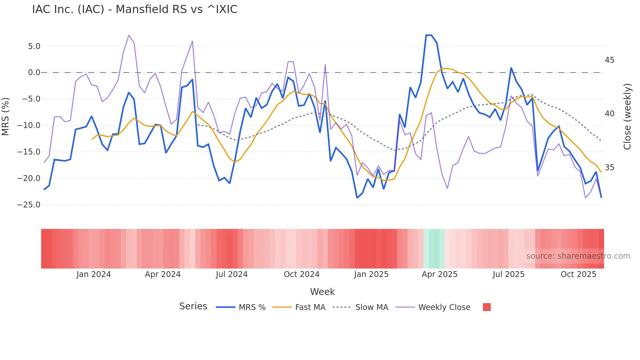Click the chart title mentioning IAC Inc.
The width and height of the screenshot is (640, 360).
coord(135,9)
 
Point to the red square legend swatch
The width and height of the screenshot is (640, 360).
coord(487,307)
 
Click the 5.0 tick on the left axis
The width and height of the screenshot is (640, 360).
coord(34,46)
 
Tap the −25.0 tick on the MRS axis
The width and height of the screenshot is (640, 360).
coord(29,205)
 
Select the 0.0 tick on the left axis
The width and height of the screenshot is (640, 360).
coord(34,73)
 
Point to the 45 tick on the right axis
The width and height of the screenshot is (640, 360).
coord(609,60)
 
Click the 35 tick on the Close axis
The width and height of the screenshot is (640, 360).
coord(609,168)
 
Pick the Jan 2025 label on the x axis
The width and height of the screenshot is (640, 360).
coord(371,274)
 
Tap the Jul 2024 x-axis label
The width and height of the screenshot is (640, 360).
coord(232,274)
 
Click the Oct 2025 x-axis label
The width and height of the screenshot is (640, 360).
coord(578,274)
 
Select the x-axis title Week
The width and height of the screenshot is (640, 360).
coord(322,292)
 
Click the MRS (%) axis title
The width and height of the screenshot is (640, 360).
coord(6,117)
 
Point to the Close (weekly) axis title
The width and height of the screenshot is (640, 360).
coord(627,117)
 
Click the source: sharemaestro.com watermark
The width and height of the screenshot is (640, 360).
coord(578,256)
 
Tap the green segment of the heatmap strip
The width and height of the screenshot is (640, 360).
coord(434,249)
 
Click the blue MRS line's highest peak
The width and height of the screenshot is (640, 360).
coord(429,35)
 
